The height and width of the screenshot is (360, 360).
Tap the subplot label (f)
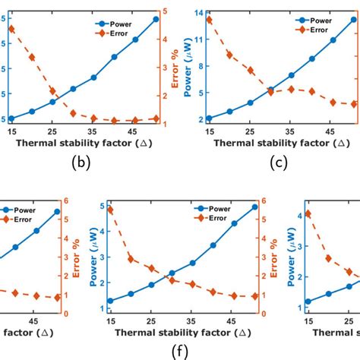tap(180, 351)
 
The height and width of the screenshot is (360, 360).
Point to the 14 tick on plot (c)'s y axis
tap(197, 13)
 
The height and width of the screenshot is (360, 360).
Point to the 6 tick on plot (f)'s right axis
tap(264, 201)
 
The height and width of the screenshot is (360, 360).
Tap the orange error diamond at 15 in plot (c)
tap(210, 21)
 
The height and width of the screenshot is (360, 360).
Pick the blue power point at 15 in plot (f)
tap(110, 301)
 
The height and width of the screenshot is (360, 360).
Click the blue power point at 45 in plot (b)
tap(136, 39)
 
